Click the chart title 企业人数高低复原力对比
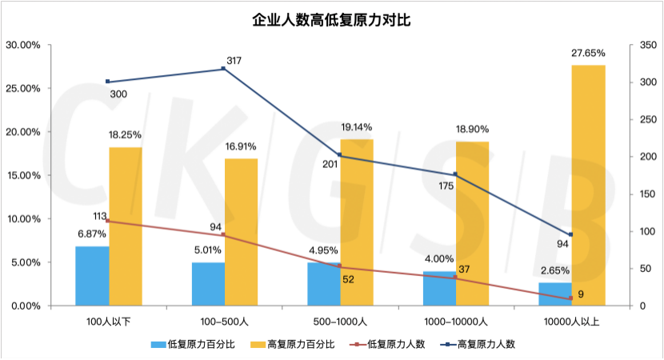coord(331,20)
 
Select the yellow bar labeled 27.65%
coord(588,185)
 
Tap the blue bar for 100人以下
coord(92,276)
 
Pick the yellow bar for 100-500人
coord(241,232)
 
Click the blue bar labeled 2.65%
coord(554,294)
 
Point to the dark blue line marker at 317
coord(223,69)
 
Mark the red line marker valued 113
coord(108,222)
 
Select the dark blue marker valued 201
coord(339,155)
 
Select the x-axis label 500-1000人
coord(339,322)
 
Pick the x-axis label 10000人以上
coord(570,322)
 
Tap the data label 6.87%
coord(91,233)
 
